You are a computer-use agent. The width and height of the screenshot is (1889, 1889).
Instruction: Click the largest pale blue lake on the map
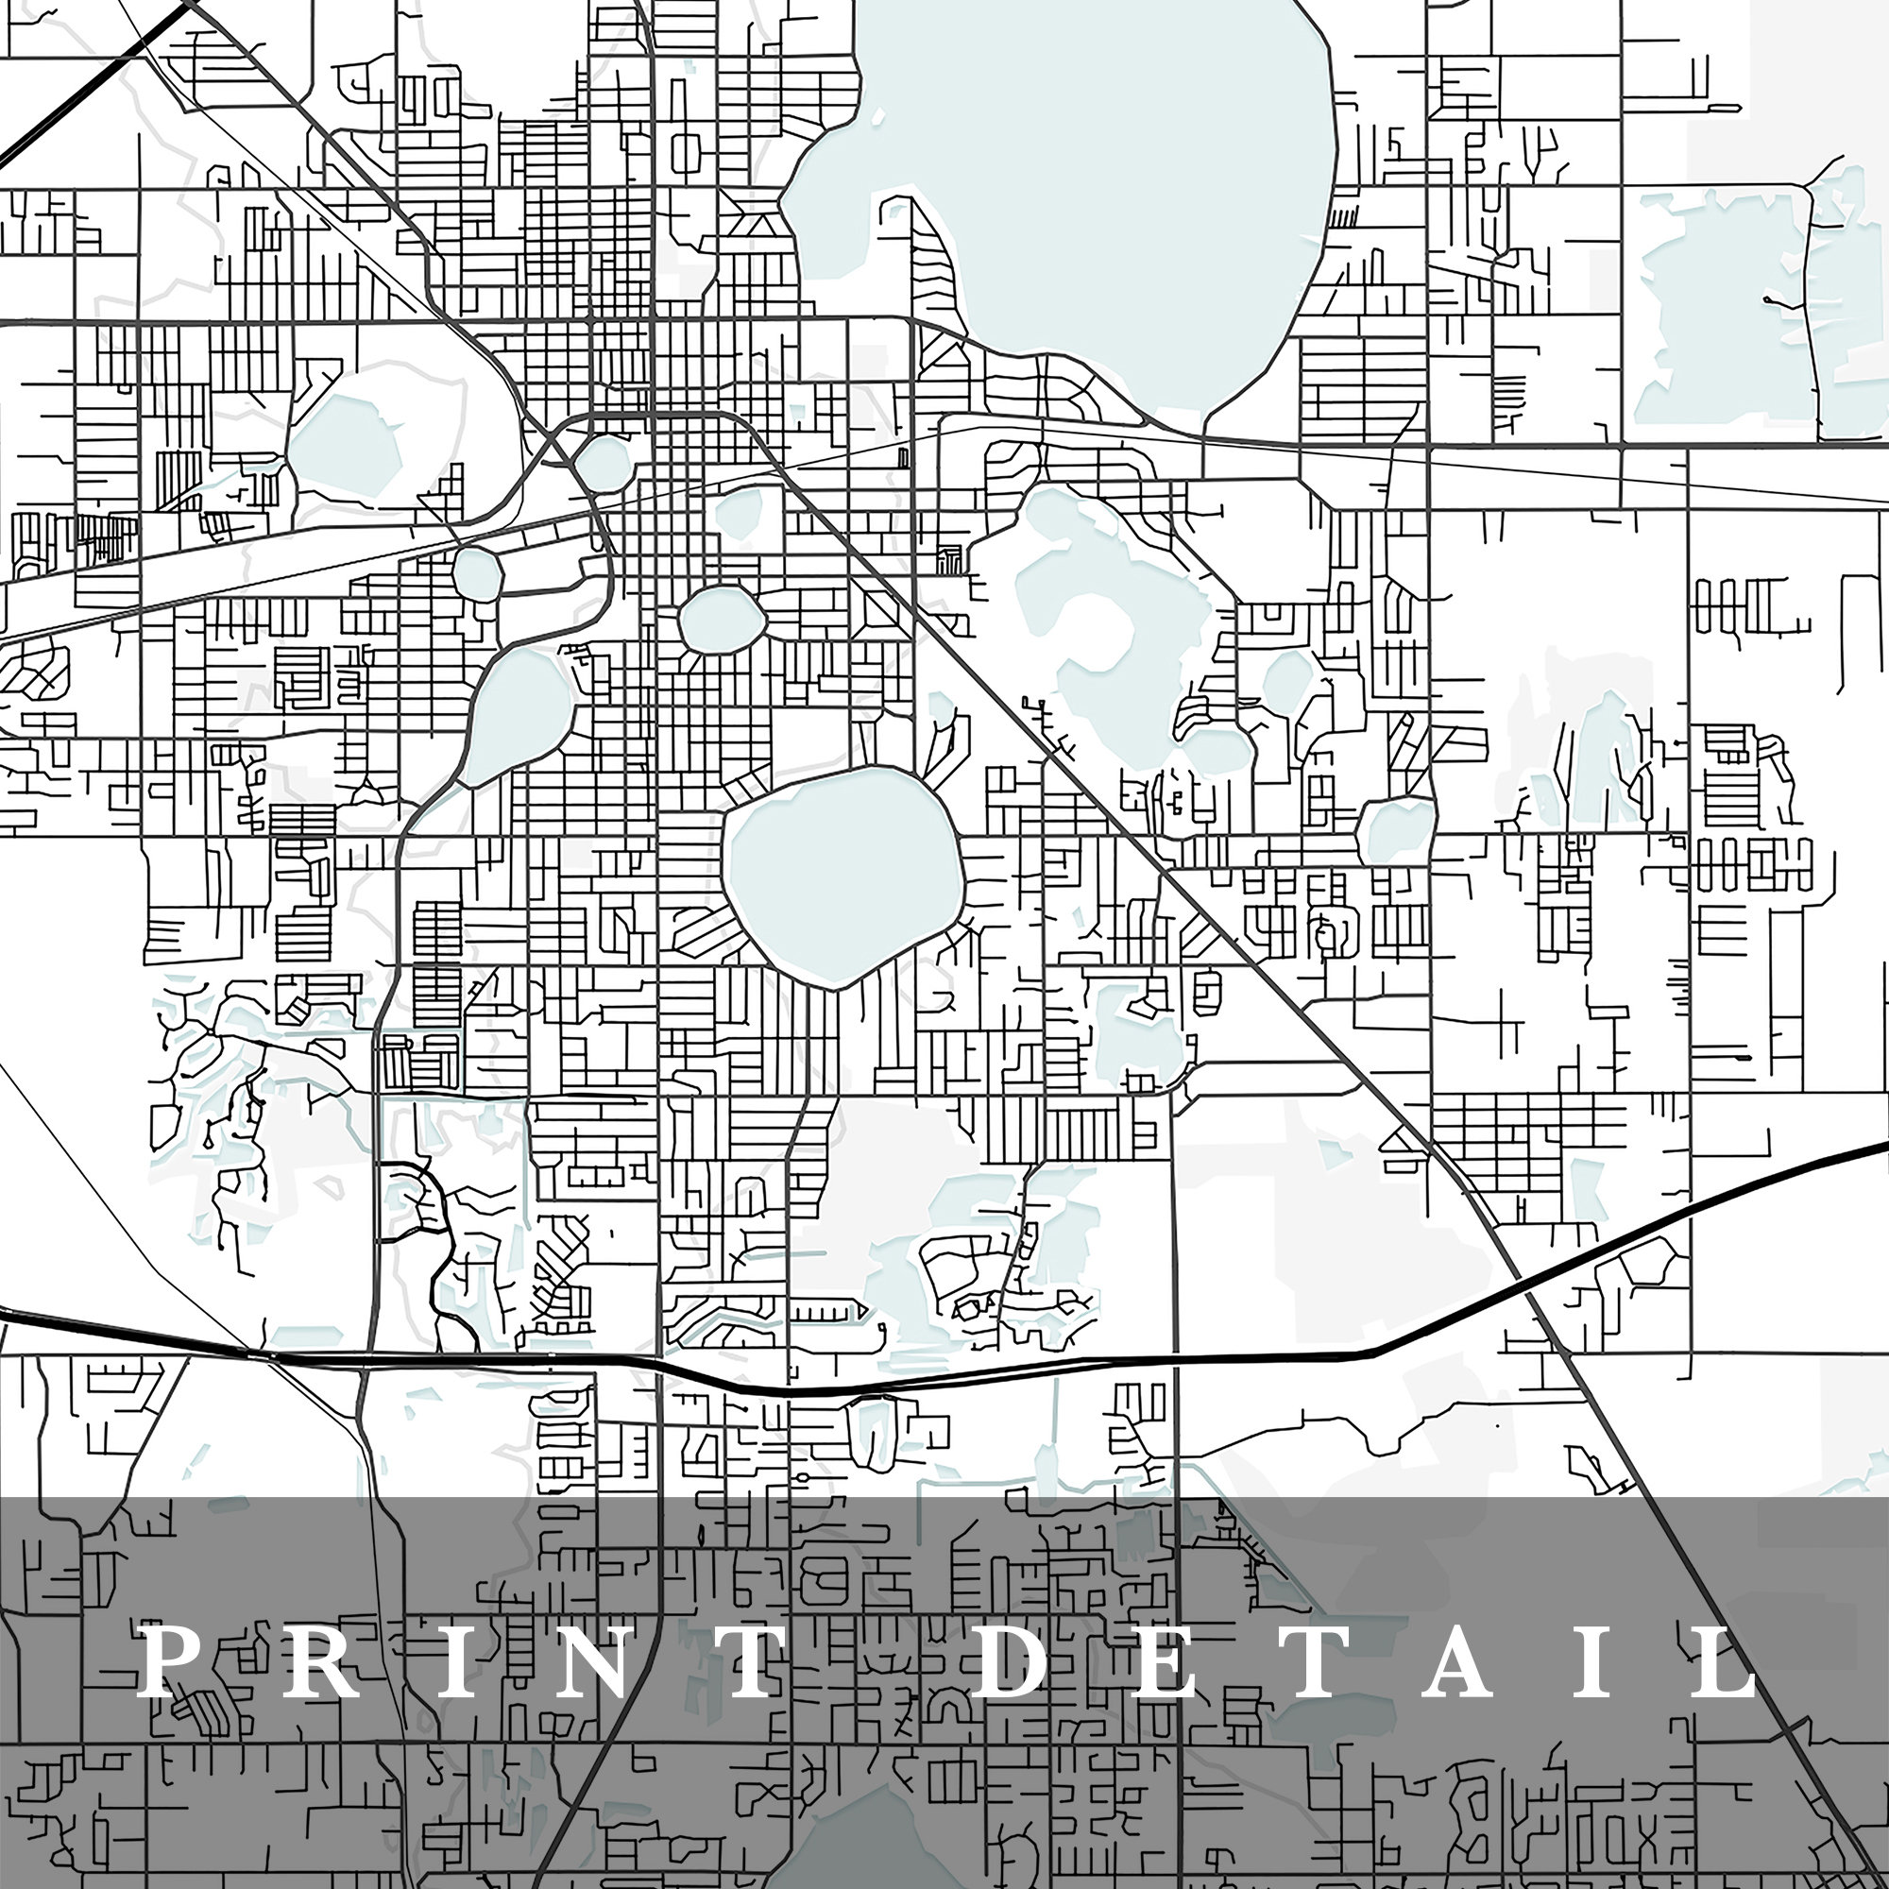[1065, 196]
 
